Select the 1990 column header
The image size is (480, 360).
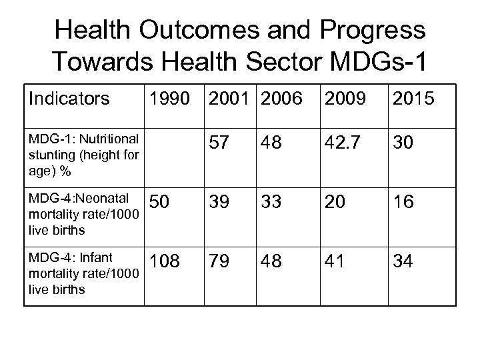click(169, 99)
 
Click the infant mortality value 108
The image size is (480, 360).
click(167, 261)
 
